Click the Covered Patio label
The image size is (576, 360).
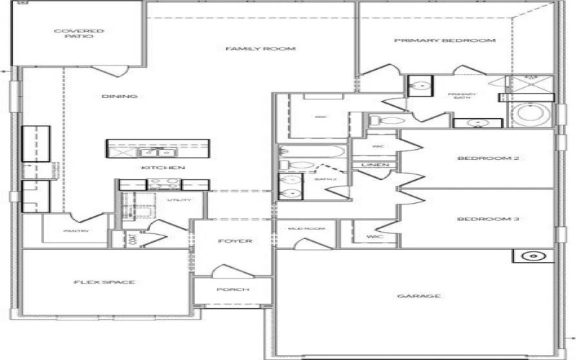point(79,34)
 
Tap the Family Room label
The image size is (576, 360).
point(251,49)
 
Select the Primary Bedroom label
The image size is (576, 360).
point(445,41)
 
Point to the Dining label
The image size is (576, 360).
point(120,96)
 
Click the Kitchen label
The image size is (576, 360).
point(163,168)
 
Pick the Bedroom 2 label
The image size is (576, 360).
point(479,158)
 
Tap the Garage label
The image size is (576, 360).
point(418,296)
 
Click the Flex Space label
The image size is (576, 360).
point(104,282)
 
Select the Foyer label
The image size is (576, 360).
point(235,240)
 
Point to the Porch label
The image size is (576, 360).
point(233,289)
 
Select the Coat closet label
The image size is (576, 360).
point(132,239)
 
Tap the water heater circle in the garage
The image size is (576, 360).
point(534,256)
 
